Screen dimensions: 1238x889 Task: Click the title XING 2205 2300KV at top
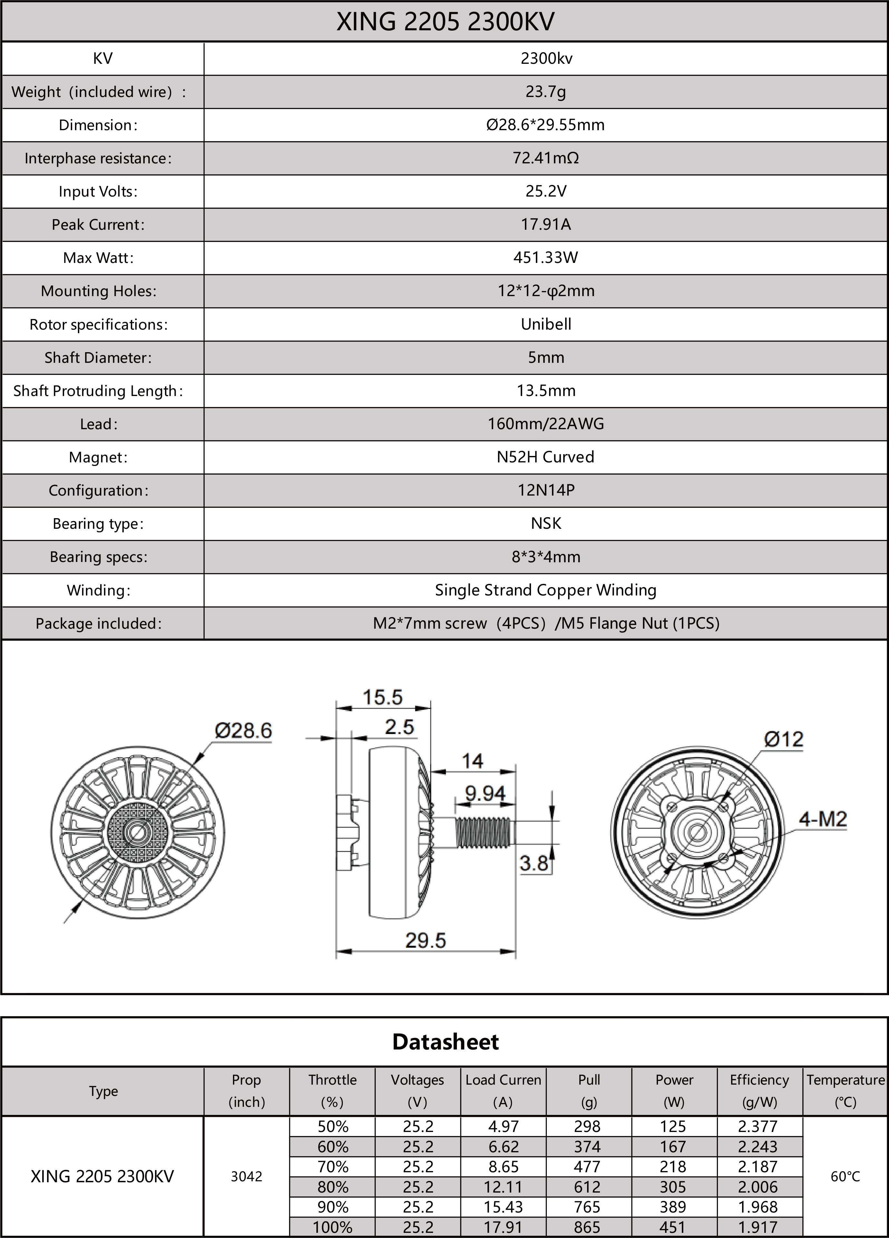445,22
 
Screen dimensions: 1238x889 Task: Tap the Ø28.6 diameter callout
243,730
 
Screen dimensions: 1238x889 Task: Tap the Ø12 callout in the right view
784,739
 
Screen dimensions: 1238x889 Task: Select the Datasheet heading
445,1041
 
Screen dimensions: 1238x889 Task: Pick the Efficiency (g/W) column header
759,1091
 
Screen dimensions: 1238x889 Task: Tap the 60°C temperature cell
845,1176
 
